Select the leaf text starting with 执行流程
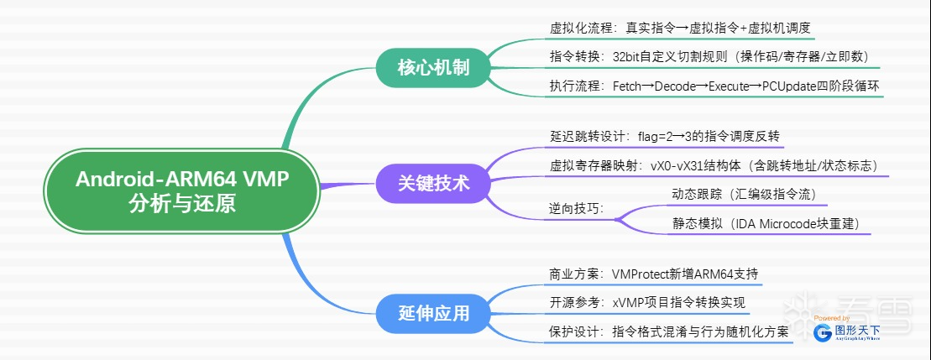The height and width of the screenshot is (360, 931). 714,86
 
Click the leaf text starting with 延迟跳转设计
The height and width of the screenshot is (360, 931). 668,136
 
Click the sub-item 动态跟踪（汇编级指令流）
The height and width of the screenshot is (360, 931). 744,194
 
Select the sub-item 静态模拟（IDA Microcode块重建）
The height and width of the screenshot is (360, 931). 766,224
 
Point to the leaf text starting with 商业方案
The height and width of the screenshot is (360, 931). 656,274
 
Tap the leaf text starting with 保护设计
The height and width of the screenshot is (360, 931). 669,331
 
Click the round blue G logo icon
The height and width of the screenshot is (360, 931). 824,333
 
